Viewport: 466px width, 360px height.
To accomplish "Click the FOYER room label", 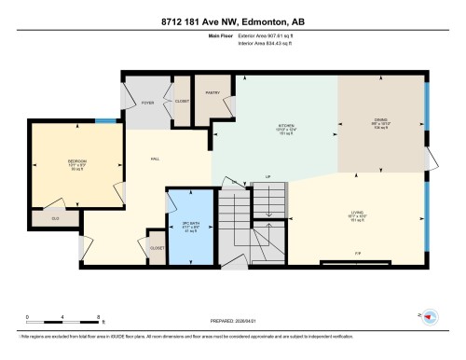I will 147,103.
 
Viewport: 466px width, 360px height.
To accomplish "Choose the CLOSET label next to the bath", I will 158,248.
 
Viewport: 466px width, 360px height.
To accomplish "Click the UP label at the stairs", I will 268,175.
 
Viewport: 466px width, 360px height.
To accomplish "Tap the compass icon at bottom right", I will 430,317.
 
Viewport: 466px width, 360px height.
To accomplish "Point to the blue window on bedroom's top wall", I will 106,120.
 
